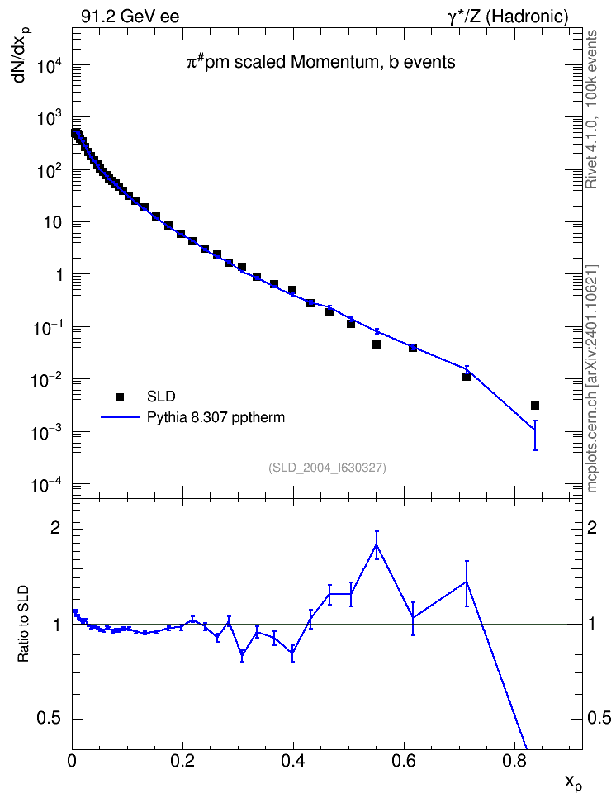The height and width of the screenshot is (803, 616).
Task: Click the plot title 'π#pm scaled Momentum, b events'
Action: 320,62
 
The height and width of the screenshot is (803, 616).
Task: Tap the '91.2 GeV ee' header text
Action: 130,17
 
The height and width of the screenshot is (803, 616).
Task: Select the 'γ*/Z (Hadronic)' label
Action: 508,17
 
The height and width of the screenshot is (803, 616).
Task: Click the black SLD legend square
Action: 120,397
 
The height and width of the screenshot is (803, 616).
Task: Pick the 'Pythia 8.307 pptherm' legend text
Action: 216,418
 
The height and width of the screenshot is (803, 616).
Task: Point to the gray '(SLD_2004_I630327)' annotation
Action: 327,468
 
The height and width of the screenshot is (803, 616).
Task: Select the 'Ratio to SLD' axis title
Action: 23,623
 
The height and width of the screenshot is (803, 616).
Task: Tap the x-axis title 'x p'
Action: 573,783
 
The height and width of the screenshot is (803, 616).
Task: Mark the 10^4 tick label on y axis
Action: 50,64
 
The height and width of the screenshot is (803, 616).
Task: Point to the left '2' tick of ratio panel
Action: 55,527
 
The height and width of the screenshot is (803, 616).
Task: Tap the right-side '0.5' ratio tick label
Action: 599,718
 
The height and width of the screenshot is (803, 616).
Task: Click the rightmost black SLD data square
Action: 535,406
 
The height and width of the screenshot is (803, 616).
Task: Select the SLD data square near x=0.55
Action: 377,344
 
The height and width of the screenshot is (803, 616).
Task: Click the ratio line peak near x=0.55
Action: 377,544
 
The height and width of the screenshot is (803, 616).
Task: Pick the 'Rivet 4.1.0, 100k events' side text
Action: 591,108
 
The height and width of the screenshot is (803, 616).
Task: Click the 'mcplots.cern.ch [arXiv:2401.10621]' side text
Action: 591,378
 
